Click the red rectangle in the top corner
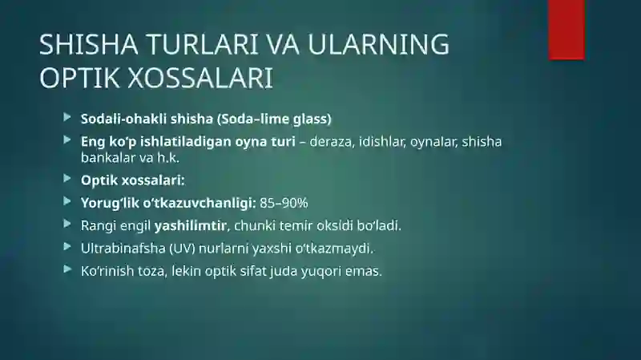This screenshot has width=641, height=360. pos(566,30)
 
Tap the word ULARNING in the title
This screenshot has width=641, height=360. pos(378,44)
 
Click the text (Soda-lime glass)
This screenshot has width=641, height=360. pos(274,119)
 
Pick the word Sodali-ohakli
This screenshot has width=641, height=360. pos(123,119)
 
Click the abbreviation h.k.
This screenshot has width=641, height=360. pos(168,157)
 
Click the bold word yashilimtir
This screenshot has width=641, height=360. pos(190,225)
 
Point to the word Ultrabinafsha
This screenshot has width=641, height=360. pos(123,249)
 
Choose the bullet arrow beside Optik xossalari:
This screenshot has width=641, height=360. pos(67,178)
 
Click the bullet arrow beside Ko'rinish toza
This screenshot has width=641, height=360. pos(67,269)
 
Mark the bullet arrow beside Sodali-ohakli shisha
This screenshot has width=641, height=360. pos(67,117)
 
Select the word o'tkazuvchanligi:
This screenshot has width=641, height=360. pos(200,203)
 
